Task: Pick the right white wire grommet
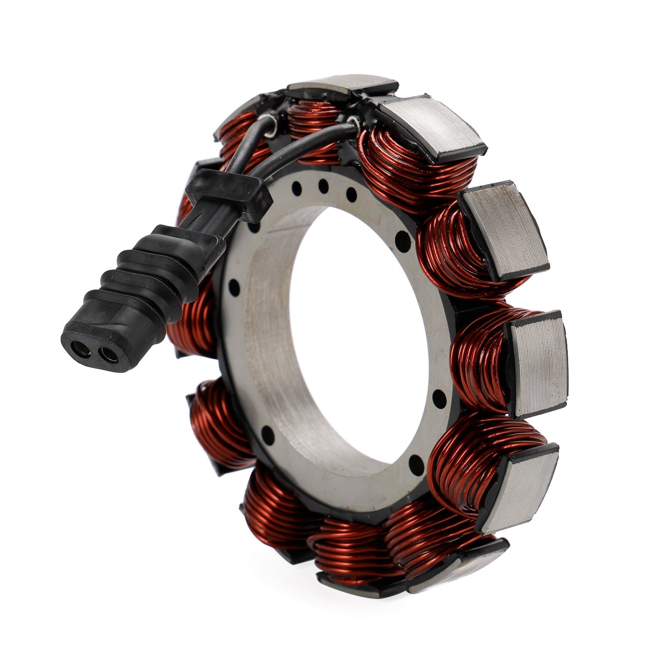pyautogui.click(x=353, y=123)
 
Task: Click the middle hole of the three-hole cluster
pyautogui.click(x=323, y=186)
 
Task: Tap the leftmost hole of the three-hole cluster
pyautogui.click(x=296, y=188)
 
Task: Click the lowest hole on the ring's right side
pyautogui.click(x=416, y=461)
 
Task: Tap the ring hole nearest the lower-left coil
pyautogui.click(x=268, y=435)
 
